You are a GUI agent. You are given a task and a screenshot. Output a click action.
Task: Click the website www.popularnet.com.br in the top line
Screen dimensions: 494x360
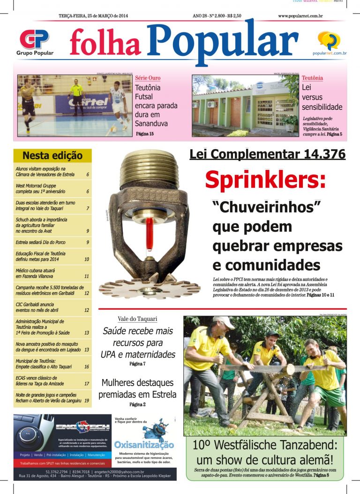(300, 16)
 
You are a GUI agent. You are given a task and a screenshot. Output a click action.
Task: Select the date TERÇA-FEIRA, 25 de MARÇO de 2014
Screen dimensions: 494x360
(93, 16)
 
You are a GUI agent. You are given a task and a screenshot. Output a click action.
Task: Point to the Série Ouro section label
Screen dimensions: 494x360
(148, 78)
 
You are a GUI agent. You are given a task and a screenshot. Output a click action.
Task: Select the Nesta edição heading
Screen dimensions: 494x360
(52, 156)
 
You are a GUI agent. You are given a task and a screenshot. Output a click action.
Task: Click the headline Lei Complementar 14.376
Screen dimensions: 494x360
(267, 154)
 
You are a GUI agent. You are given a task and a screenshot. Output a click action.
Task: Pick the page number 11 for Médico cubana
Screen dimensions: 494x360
(87, 277)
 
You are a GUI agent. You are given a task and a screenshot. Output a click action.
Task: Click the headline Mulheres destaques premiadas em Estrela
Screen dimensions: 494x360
(137, 388)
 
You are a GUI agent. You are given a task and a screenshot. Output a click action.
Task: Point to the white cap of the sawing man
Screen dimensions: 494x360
(223, 321)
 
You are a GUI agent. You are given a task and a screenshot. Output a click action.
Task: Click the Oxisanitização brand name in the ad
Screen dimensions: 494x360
(144, 444)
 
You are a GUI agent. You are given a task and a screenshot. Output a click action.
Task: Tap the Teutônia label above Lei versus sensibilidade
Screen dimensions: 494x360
(312, 78)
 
